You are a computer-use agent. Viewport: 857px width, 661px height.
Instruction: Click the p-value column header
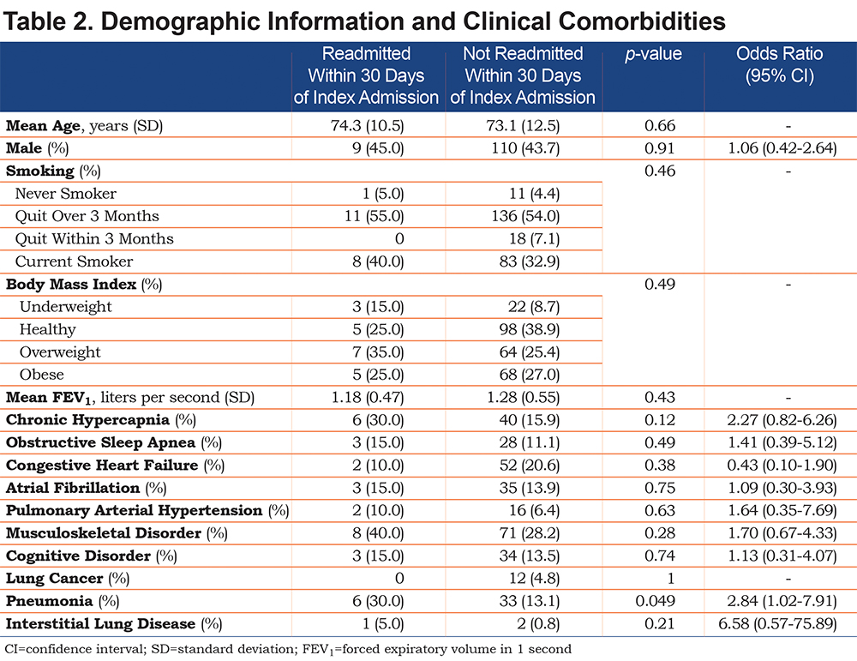[x=653, y=54]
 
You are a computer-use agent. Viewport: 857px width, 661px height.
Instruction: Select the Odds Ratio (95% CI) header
[x=779, y=64]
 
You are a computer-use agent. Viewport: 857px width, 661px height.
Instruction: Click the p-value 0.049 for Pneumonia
[x=656, y=601]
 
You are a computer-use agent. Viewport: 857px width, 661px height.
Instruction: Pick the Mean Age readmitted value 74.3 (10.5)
[x=367, y=126]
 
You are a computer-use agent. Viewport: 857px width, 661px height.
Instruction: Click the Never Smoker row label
[x=66, y=194]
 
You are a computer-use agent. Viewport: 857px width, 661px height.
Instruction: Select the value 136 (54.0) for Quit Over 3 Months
[x=525, y=216]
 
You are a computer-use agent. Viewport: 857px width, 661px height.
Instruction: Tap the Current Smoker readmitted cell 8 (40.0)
[x=378, y=261]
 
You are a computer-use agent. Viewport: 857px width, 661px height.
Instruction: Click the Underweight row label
[x=66, y=307]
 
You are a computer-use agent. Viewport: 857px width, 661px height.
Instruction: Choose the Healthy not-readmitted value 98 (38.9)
[x=530, y=329]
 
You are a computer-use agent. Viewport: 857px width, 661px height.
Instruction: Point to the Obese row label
[x=41, y=375]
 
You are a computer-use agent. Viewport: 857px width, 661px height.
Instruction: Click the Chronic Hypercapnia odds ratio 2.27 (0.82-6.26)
[x=782, y=420]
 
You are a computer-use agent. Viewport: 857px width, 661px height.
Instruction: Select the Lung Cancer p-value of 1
[x=670, y=579]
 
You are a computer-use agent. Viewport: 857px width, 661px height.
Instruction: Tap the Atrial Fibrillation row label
[x=86, y=488]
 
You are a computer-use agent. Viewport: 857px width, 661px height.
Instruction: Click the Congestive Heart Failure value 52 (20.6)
[x=530, y=466]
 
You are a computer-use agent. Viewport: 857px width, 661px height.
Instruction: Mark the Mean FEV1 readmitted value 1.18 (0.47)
[x=368, y=398]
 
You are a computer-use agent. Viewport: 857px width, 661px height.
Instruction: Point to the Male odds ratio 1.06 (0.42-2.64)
[x=782, y=148]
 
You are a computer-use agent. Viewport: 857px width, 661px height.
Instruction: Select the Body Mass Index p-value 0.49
[x=660, y=285]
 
